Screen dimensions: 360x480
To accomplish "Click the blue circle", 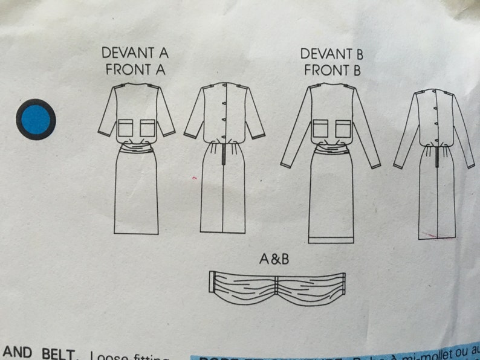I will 37,119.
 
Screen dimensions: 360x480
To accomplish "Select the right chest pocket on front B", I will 343,128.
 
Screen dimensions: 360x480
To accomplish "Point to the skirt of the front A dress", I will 137,193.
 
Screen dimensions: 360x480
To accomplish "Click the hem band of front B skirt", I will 331,239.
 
